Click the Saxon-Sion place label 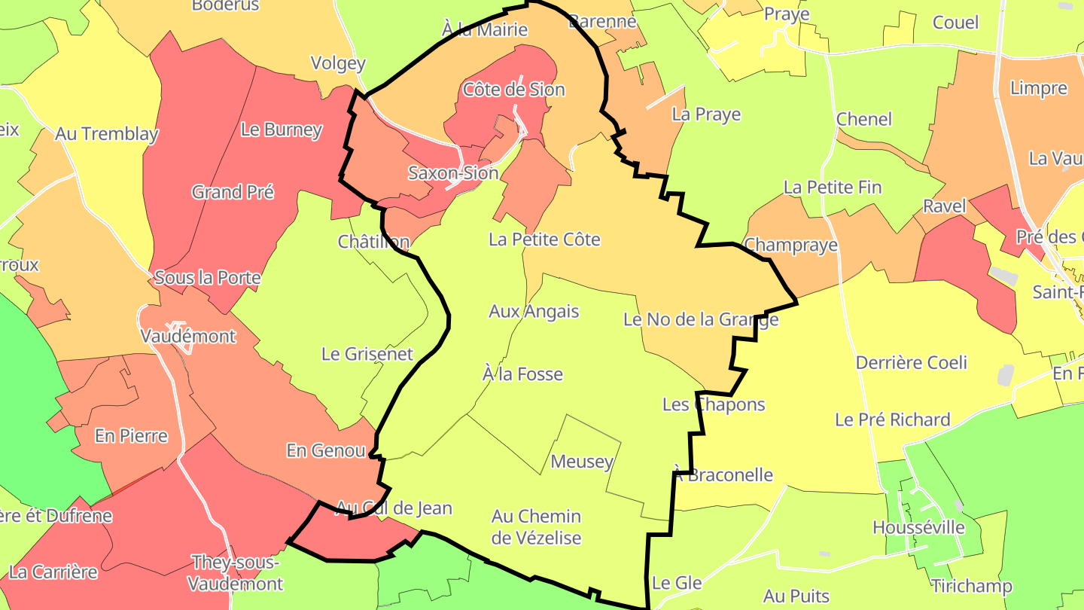[453, 173]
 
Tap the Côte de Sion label [514, 90]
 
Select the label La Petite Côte [544, 239]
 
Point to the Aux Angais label [534, 311]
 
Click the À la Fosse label [522, 374]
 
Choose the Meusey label [582, 462]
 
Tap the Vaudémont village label [188, 336]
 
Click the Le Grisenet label [367, 353]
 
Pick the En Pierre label [131, 435]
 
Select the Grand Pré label [233, 192]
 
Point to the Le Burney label [282, 130]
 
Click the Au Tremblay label [107, 134]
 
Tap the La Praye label [706, 114]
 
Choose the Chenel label [864, 119]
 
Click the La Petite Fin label [833, 187]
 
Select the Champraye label [790, 246]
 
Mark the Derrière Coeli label [912, 362]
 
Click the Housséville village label [918, 527]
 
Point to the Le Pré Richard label [893, 419]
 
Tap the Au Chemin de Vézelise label [536, 526]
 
